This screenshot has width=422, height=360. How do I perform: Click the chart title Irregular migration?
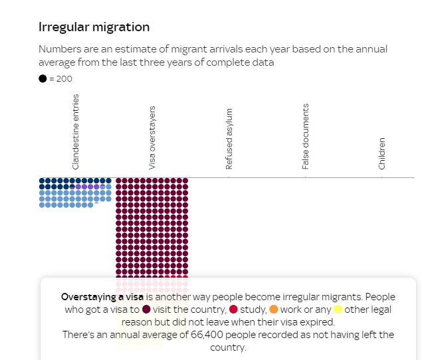coord(94,27)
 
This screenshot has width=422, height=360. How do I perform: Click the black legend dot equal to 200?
coord(43,78)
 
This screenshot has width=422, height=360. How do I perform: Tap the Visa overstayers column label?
coord(152,137)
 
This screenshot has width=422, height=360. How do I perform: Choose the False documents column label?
coord(306,136)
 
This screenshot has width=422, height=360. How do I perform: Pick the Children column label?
coord(382,153)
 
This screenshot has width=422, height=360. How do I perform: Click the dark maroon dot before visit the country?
coord(146,310)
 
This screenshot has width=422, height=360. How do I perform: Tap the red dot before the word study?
coord(233,310)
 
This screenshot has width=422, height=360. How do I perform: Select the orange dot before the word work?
coord(274,310)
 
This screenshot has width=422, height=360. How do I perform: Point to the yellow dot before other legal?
coord(338,310)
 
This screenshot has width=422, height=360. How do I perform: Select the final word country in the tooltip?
coord(228,347)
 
